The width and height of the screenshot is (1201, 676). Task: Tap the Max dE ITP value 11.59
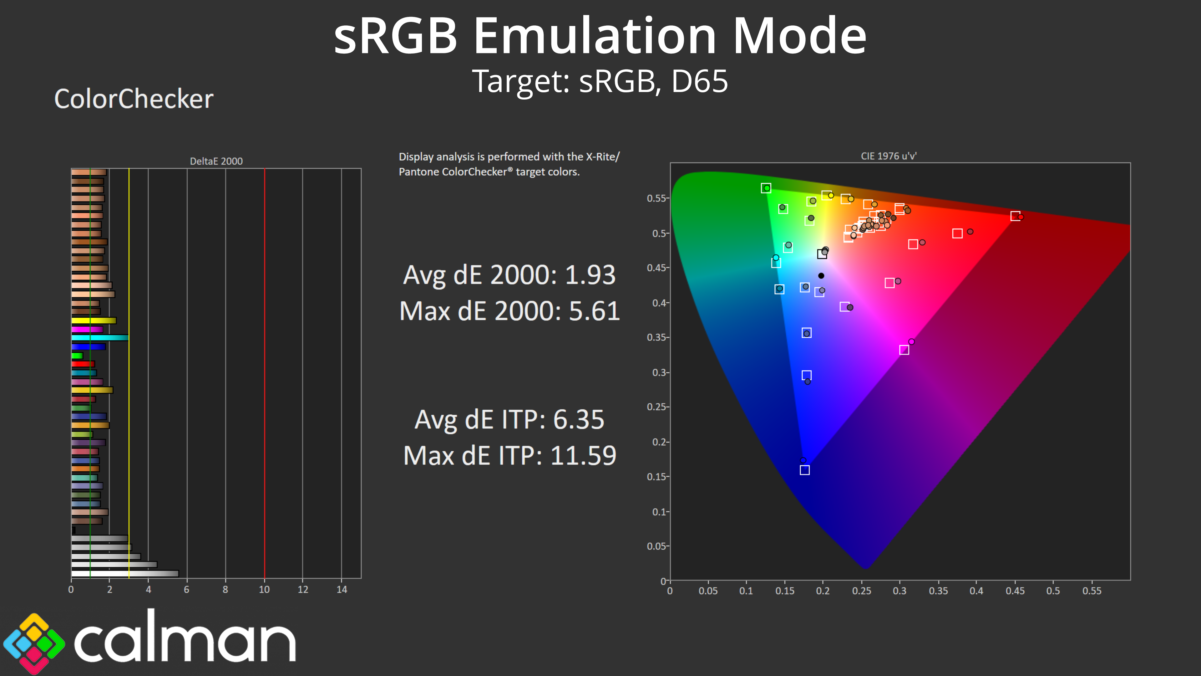[x=583, y=456]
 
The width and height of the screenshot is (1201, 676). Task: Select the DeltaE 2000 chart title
[x=216, y=161]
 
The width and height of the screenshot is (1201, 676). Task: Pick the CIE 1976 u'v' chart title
[x=888, y=156]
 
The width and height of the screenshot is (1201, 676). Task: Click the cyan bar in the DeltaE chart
[x=100, y=338]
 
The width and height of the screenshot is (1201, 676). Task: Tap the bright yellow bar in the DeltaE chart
[x=93, y=320]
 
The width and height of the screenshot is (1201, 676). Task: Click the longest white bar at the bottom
[x=124, y=573]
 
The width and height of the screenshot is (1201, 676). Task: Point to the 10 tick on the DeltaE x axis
[x=264, y=589]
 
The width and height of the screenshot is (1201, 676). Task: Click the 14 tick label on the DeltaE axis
[x=342, y=589]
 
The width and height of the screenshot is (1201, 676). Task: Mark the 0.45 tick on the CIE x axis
[x=1015, y=591]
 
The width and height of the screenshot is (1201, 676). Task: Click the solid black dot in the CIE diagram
[x=821, y=276]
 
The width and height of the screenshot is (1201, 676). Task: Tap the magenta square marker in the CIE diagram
[x=904, y=350]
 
